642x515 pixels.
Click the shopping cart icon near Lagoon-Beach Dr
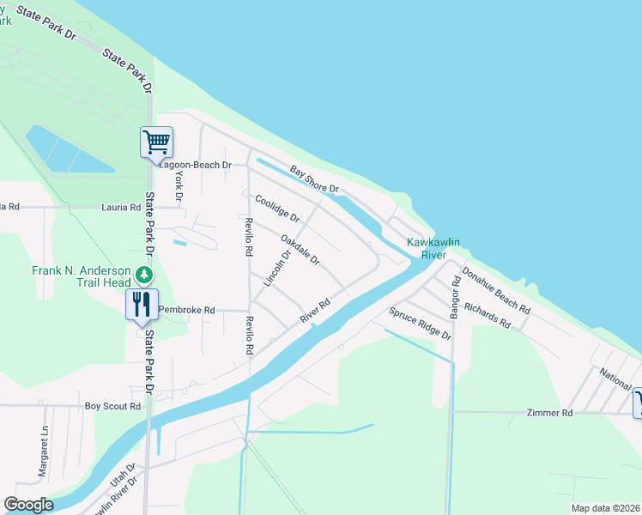pyautogui.click(x=156, y=142)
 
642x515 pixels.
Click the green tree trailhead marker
pyautogui.click(x=145, y=275)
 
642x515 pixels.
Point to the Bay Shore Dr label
pyautogui.click(x=314, y=179)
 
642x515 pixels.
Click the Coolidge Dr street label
pyautogui.click(x=277, y=208)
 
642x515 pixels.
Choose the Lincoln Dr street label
pyautogui.click(x=276, y=267)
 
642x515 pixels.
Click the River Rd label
pyautogui.click(x=315, y=312)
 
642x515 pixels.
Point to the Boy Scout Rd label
pyautogui.click(x=112, y=406)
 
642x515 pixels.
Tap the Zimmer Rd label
pyautogui.click(x=549, y=413)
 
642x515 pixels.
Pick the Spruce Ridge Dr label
pyautogui.click(x=420, y=323)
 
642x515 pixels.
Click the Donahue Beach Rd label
pyautogui.click(x=495, y=289)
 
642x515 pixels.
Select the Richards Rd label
pyautogui.click(x=487, y=315)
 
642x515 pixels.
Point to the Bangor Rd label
pyautogui.click(x=456, y=298)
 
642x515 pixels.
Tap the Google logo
pyautogui.click(x=28, y=505)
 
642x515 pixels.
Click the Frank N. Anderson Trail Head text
pyautogui.click(x=82, y=276)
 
